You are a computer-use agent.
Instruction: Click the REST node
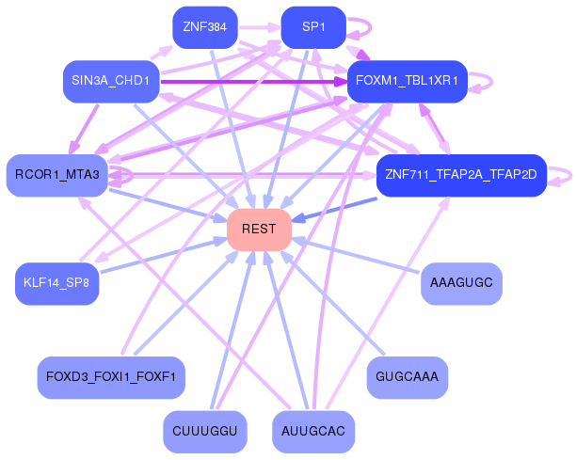259,230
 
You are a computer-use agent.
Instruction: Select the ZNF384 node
204,27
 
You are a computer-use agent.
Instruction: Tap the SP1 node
313,27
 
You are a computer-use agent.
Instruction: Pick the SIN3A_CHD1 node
110,82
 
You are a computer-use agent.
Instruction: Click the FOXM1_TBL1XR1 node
408,82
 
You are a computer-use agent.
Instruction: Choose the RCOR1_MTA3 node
57,175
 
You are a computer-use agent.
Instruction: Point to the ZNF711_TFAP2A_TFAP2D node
461,175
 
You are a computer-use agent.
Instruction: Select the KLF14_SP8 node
57,283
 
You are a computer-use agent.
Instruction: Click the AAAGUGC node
460,283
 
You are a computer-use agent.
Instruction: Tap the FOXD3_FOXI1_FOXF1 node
111,377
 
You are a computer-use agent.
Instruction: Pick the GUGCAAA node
407,377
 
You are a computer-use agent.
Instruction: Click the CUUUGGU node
204,432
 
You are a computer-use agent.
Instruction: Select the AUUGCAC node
313,432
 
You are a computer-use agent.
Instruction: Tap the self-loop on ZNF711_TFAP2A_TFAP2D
563,175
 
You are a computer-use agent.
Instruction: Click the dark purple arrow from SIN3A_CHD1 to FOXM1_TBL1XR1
254,82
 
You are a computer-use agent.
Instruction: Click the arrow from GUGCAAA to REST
329,301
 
